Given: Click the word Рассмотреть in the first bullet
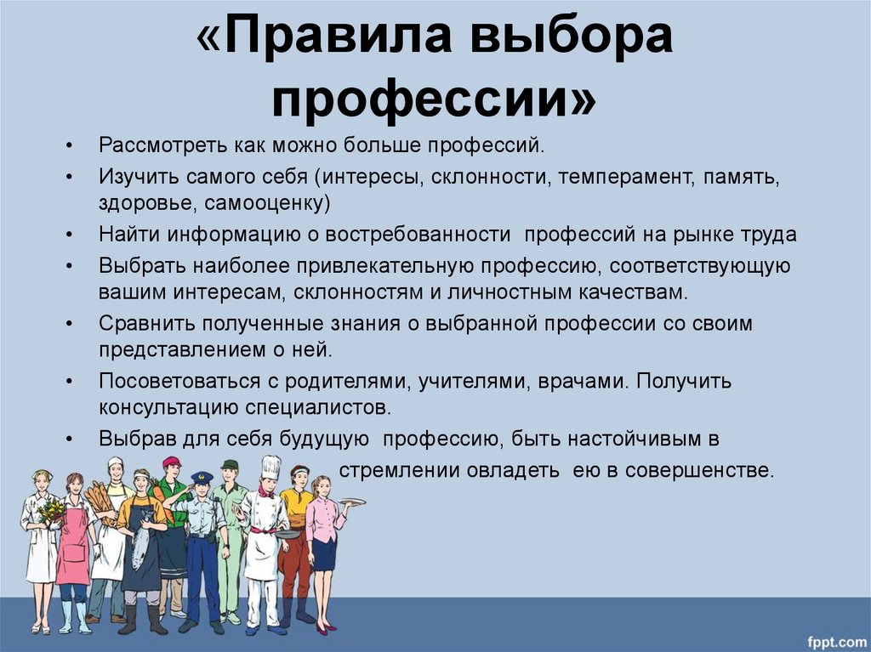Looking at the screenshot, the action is tap(162, 145).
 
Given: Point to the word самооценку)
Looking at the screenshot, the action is tap(267, 203).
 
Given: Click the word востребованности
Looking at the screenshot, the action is tap(418, 235).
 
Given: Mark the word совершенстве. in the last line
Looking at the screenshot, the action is tap(699, 471).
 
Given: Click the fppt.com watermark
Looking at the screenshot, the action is tap(837, 642).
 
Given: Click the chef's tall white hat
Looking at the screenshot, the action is tap(271, 468).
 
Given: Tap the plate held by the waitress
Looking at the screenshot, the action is tap(353, 502).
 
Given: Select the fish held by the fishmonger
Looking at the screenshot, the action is tap(141, 541).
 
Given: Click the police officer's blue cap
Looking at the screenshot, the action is tap(202, 477).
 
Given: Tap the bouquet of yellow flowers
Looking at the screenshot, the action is tap(52, 511).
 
